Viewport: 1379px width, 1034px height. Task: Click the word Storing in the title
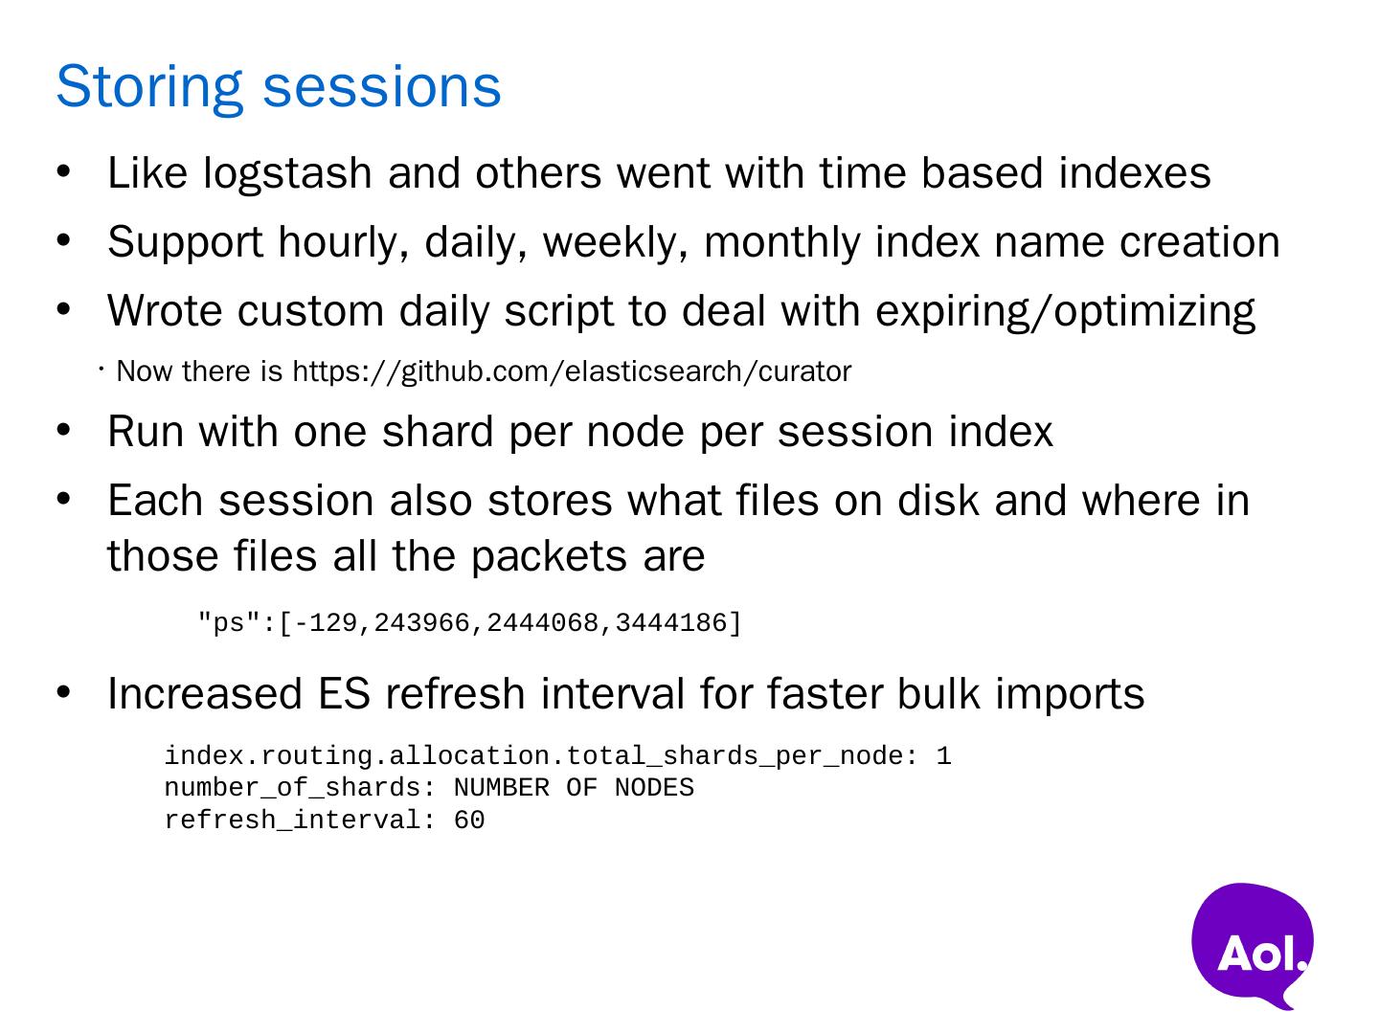149,88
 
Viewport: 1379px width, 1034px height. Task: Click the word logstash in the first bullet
287,174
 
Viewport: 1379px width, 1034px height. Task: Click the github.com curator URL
572,371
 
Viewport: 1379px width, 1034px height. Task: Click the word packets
549,557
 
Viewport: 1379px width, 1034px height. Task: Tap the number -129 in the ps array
326,622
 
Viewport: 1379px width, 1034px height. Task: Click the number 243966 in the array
422,622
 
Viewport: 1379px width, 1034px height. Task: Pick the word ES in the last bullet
344,694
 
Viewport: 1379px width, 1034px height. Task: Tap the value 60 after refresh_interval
469,820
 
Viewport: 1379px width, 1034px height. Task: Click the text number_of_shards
293,789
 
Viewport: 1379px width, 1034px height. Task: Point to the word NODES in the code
654,788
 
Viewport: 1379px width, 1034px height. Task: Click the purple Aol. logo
1252,945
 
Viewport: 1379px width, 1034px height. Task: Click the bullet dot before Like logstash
63,171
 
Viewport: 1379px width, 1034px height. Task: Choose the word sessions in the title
382,88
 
